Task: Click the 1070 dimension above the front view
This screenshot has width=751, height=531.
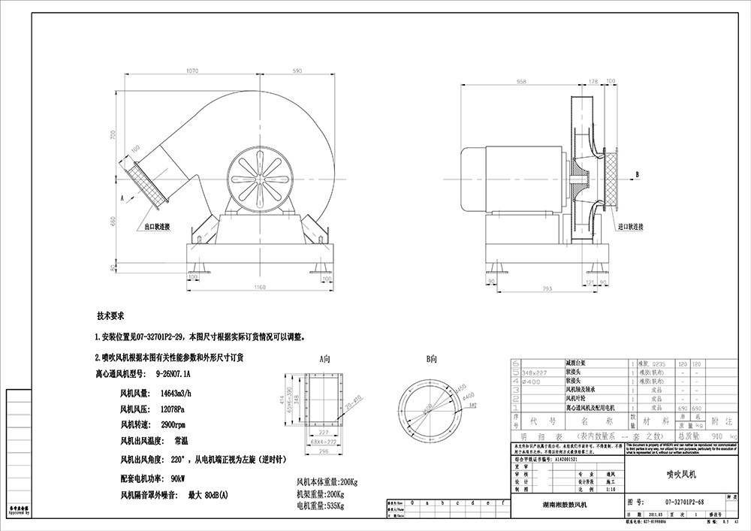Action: point(192,71)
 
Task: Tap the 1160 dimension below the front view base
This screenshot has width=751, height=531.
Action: point(260,288)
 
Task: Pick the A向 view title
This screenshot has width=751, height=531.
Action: point(324,359)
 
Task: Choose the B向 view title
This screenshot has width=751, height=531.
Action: point(432,359)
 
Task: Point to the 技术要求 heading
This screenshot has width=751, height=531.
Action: point(110,317)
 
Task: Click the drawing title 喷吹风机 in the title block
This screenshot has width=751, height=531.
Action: point(682,475)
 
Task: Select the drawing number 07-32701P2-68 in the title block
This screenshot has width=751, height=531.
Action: point(684,501)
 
